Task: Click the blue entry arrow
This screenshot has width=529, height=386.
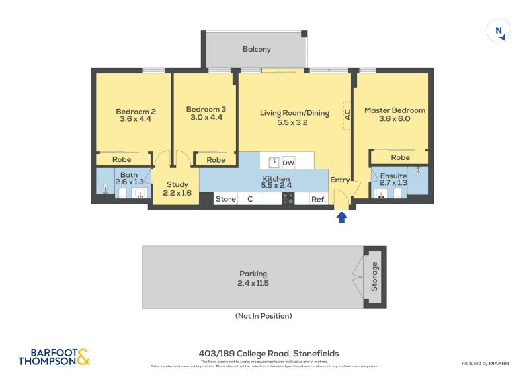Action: point(342,217)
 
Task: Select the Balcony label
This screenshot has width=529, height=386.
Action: point(257,50)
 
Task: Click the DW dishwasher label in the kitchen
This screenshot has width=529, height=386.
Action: point(288,163)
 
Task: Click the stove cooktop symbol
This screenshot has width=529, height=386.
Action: point(288,198)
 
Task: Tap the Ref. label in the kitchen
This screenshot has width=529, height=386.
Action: point(318,199)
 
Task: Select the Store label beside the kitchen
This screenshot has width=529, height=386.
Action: point(225,199)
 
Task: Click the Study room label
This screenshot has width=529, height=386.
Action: point(177,185)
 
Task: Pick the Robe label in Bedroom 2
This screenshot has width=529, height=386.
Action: point(122,159)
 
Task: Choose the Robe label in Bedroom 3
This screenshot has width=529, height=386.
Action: point(216,159)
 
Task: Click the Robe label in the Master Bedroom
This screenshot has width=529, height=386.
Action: point(400,157)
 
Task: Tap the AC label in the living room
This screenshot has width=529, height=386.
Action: point(348,113)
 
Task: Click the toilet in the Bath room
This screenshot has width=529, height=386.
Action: point(122,192)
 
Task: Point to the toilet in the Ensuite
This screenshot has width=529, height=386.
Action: point(397,192)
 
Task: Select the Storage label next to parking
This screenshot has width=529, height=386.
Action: point(375,277)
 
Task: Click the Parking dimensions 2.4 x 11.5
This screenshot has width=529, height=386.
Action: point(254,283)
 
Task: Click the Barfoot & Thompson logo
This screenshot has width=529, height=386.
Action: point(54,357)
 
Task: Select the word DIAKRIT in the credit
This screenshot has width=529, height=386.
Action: point(499,364)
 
